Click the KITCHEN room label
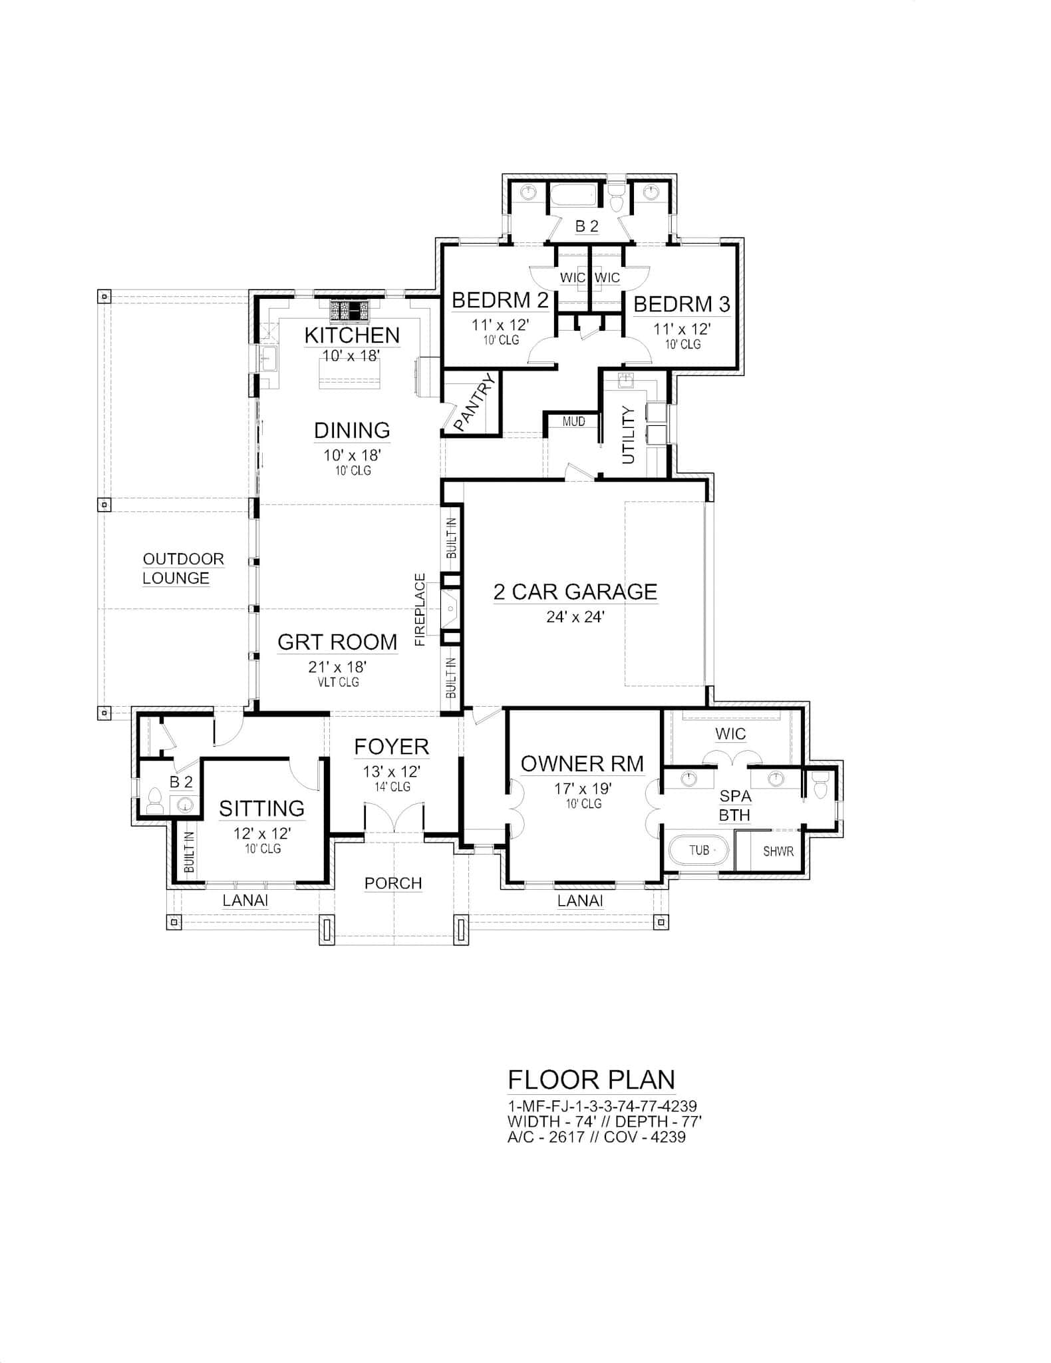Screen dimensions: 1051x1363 click(x=352, y=335)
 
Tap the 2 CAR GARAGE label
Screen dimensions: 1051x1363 click(x=575, y=592)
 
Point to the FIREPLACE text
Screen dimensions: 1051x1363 click(x=420, y=609)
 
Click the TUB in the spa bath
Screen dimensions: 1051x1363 click(x=699, y=851)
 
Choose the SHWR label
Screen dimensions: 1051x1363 click(x=778, y=851)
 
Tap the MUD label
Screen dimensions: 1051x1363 click(x=573, y=421)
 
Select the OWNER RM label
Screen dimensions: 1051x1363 click(x=582, y=764)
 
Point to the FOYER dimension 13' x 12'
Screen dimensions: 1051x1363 click(x=391, y=772)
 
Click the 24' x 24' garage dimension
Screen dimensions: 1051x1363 click(x=575, y=617)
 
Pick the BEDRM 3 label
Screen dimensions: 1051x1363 click(x=682, y=305)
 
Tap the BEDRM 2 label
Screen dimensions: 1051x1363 click(x=500, y=301)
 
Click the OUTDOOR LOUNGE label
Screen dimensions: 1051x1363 click(x=183, y=568)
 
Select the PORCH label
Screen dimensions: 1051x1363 click(x=393, y=883)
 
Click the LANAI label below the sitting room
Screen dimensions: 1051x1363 click(x=245, y=900)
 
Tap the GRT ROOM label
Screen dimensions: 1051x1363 click(x=337, y=642)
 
